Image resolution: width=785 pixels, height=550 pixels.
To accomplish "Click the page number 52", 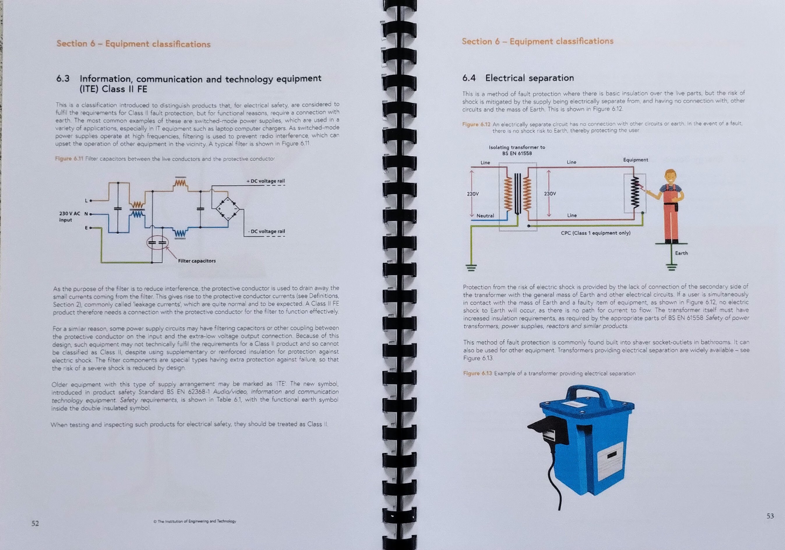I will click(35, 523).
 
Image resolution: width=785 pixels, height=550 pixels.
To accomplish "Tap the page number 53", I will click(770, 516).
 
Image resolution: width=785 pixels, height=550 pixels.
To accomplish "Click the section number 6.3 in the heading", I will click(63, 79).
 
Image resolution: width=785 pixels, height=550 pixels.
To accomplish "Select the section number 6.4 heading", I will click(469, 78).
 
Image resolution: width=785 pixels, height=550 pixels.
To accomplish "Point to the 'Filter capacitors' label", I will click(197, 261).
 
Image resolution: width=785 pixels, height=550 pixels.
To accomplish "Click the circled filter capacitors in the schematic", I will click(158, 243).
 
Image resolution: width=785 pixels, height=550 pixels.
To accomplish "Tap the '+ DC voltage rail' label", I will click(266, 181).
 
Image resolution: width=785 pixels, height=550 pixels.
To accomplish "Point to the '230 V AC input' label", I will click(70, 217).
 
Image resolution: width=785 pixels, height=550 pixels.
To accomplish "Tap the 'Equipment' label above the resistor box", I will click(635, 160).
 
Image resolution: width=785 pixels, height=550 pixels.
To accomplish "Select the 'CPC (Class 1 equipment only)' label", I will click(596, 233).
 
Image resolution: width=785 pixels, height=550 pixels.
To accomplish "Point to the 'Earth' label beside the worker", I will click(681, 253).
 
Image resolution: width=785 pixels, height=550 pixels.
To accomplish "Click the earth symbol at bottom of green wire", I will click(471, 268).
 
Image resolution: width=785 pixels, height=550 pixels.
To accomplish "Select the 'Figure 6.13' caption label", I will click(477, 373).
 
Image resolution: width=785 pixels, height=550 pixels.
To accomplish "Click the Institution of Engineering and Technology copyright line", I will click(195, 521).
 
